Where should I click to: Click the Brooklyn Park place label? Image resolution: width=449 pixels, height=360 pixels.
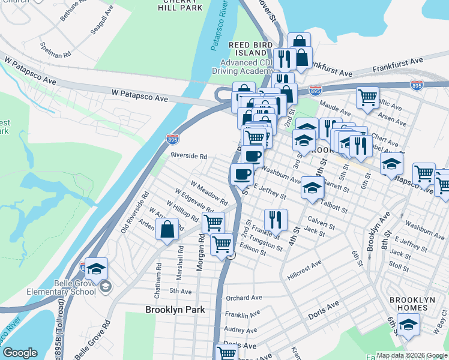pos(175,310)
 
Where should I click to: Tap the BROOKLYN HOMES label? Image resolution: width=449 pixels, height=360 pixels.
pos(408,304)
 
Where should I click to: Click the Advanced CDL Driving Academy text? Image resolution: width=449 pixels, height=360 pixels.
pos(247,67)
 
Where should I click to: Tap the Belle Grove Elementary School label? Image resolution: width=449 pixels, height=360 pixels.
pos(61,287)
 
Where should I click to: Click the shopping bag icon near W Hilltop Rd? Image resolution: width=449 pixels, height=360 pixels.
pos(167,229)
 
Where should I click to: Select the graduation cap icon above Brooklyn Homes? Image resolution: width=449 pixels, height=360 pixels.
pos(409,325)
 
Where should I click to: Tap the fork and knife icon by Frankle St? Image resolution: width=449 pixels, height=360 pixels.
pos(276,219)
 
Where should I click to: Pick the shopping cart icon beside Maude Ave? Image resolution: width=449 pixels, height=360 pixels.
pos(367,97)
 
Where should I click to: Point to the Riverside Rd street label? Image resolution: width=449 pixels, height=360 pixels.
pos(188,155)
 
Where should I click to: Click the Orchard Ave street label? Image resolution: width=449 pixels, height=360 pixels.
pos(244,298)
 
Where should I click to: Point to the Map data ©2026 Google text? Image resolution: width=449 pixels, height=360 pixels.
pos(411,355)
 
